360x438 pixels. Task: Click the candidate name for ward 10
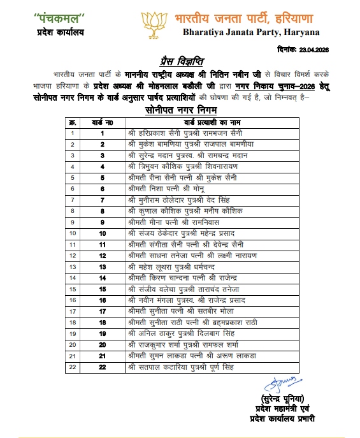point(173,233)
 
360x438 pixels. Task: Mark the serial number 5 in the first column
point(73,177)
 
